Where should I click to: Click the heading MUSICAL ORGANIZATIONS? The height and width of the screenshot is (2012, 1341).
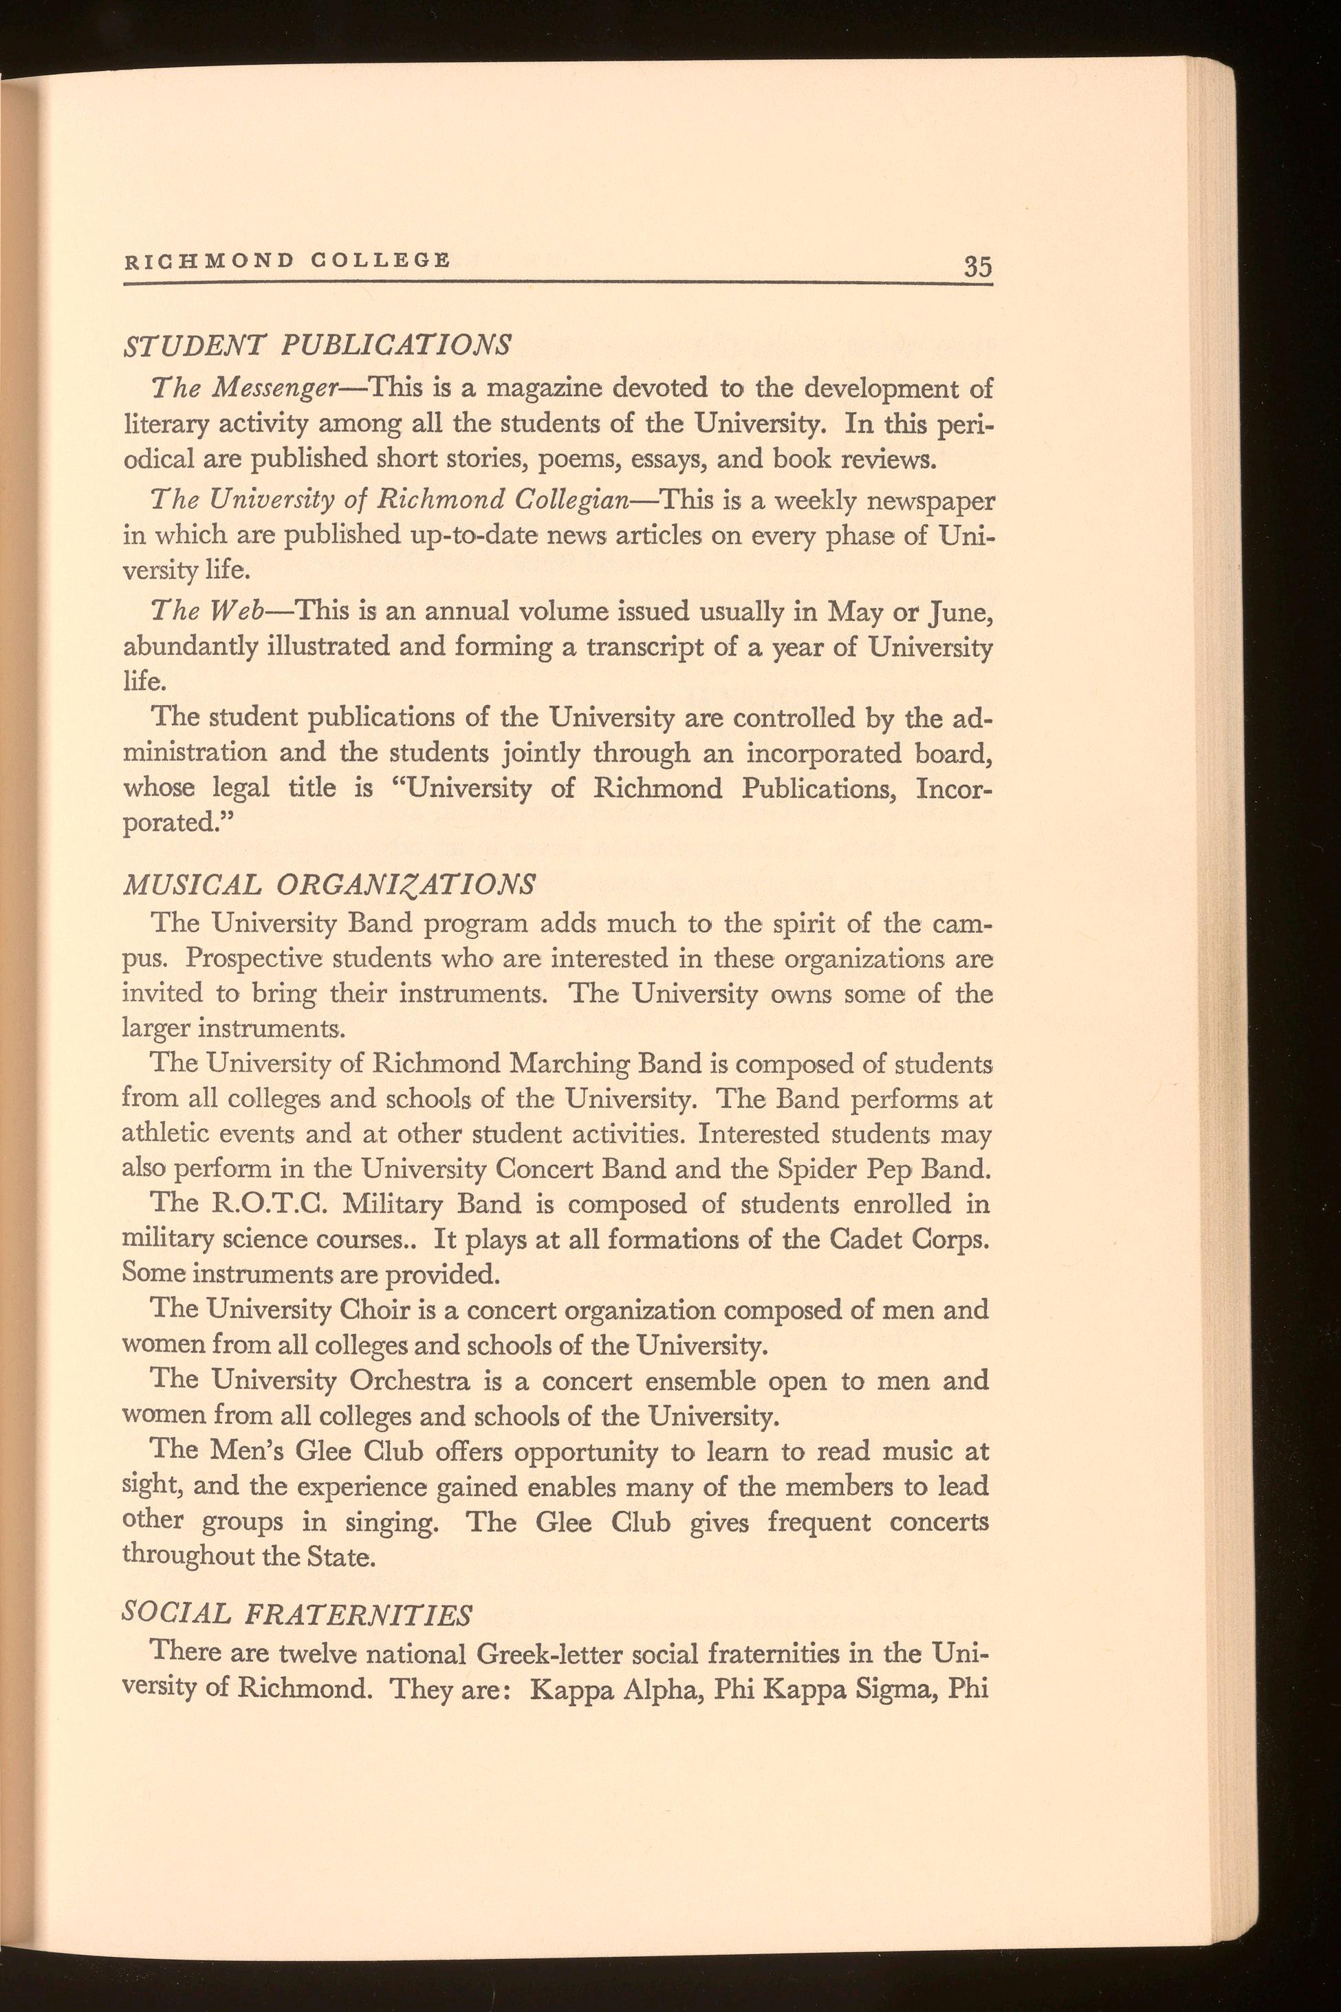pyautogui.click(x=329, y=884)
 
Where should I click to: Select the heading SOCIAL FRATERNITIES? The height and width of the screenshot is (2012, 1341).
pyautogui.click(x=298, y=1612)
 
